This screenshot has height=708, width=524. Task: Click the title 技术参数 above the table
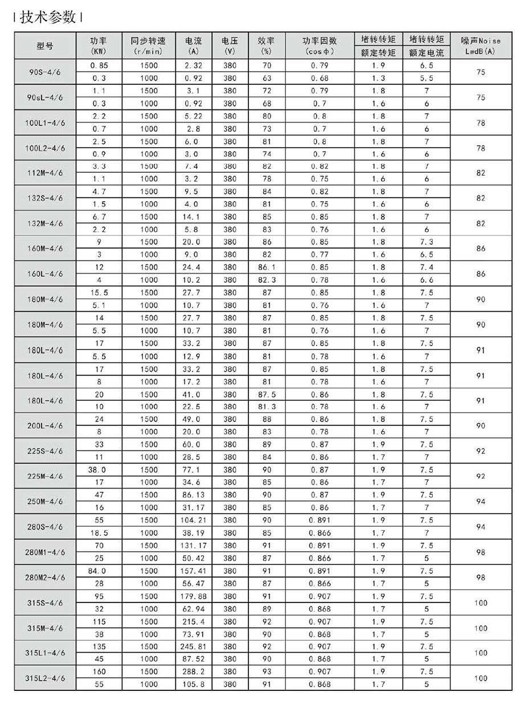pyautogui.click(x=48, y=17)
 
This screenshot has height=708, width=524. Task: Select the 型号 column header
pyautogui.click(x=45, y=46)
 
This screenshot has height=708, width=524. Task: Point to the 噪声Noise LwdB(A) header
pyautogui.click(x=481, y=46)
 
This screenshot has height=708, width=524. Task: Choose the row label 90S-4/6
pyautogui.click(x=45, y=72)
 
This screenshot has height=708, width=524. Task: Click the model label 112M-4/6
pyautogui.click(x=45, y=173)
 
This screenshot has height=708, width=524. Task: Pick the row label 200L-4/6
pyautogui.click(x=45, y=425)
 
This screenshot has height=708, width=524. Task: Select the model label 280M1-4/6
pyautogui.click(x=45, y=552)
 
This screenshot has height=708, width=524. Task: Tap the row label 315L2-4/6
pyautogui.click(x=45, y=678)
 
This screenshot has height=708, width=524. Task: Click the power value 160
pyautogui.click(x=99, y=672)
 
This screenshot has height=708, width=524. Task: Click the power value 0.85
pyautogui.click(x=99, y=66)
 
